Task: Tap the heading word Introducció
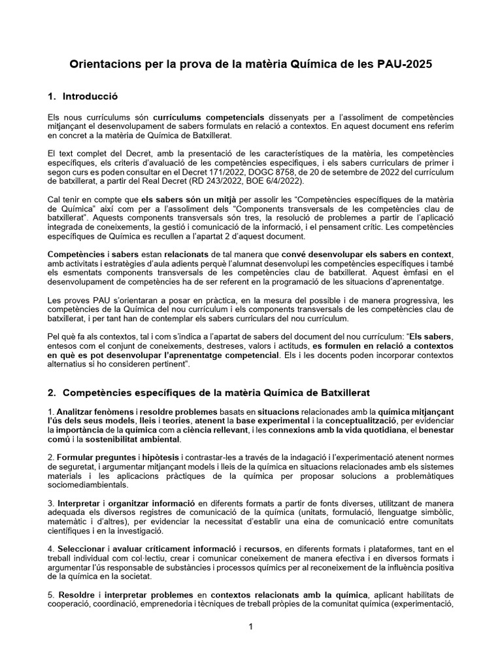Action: point(90,97)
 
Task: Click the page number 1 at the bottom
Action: point(251,627)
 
